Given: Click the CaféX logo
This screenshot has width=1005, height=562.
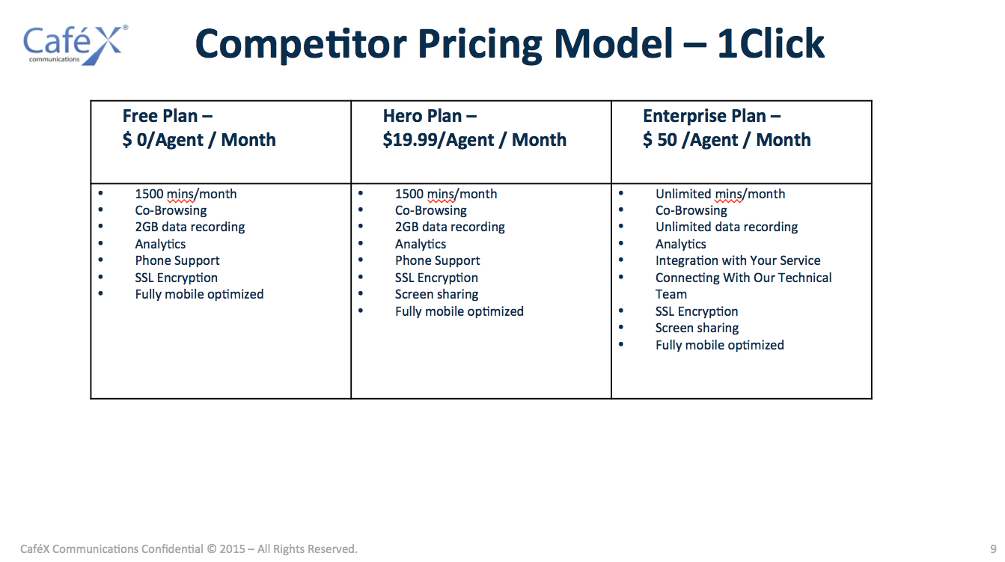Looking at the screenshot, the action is [x=76, y=45].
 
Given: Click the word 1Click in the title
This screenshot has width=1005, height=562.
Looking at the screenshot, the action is [x=770, y=44].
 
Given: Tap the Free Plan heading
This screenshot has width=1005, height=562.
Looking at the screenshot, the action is [x=168, y=116].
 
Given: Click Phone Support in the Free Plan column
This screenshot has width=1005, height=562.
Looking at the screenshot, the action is [x=177, y=260].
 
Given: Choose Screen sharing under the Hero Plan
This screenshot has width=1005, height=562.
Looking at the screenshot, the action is [x=436, y=294].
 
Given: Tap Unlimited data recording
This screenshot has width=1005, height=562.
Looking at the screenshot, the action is [x=727, y=227].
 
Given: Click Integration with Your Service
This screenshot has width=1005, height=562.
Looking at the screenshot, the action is [x=738, y=260].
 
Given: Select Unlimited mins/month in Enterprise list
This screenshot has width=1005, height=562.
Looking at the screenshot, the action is [x=720, y=195].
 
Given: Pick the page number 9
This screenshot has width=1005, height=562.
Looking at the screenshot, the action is [x=993, y=549].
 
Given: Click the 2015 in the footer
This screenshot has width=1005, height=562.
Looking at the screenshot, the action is [x=232, y=549].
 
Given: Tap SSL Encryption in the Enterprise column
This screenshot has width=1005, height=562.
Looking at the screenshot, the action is [x=697, y=311].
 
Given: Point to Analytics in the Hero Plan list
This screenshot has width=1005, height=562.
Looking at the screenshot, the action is [x=421, y=244].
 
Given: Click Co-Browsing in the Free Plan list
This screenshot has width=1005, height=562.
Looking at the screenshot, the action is [x=171, y=210].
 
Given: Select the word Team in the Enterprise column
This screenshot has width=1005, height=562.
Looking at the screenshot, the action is [x=670, y=294].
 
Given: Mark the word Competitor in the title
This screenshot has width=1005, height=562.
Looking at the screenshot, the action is [x=301, y=44].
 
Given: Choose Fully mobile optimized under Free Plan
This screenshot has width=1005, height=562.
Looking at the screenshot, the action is [x=199, y=294].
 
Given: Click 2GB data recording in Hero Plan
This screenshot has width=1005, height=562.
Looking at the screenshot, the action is [x=450, y=227].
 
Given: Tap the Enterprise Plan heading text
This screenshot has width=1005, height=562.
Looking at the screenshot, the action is [x=712, y=116].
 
